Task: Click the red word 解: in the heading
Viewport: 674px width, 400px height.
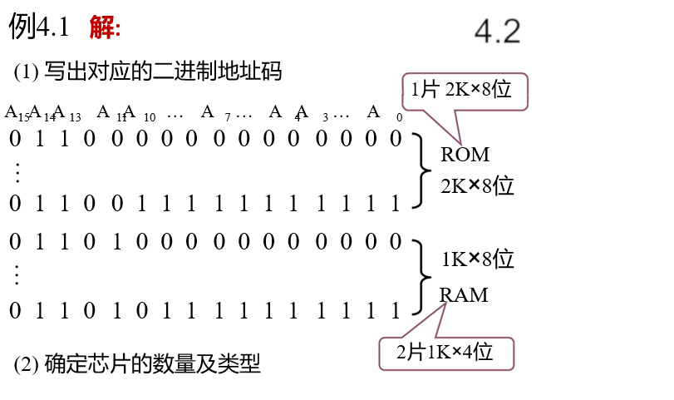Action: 105,28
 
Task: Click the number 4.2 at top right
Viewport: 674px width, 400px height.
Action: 497,32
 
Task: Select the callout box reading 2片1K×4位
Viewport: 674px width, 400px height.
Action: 446,353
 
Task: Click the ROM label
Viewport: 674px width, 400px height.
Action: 465,155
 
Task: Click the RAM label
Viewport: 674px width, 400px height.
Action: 464,295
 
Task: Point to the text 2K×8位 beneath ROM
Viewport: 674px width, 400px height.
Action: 477,185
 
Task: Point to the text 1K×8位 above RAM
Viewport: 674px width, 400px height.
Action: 477,259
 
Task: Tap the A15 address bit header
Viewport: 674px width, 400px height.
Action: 16,113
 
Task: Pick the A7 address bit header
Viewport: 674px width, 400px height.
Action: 213,113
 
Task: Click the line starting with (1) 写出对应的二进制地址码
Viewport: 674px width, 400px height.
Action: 148,72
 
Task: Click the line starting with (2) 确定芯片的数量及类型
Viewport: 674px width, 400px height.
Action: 137,364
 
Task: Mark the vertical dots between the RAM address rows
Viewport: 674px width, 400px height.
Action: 17,274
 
